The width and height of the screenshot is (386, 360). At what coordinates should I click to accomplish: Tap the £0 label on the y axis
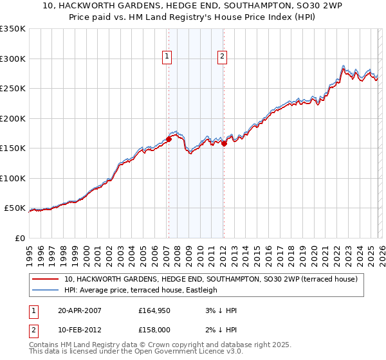click(x=19, y=238)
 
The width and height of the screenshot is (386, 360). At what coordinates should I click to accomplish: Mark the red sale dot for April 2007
click(x=169, y=139)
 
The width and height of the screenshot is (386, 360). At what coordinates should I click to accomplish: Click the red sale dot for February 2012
click(x=224, y=143)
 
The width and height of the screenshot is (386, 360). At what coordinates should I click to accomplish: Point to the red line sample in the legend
click(x=46, y=280)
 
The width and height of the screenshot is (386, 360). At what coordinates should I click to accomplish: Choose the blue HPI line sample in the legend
click(x=46, y=290)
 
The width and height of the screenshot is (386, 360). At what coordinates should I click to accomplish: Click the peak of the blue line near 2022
click(x=344, y=65)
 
